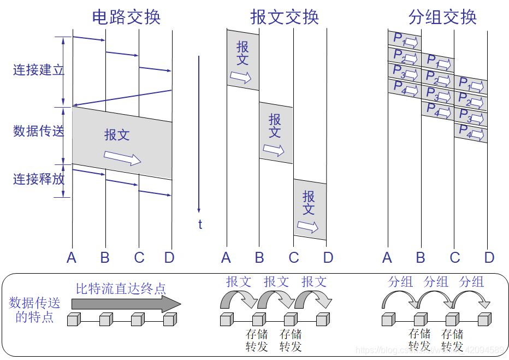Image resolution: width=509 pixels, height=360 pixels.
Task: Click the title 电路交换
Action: click(x=126, y=17)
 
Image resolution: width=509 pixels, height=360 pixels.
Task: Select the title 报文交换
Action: click(x=284, y=17)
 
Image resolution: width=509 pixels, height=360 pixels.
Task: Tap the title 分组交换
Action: click(x=442, y=17)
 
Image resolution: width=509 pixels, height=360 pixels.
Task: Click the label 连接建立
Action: click(x=38, y=70)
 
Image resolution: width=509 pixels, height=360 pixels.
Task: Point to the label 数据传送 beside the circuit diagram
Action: click(x=38, y=131)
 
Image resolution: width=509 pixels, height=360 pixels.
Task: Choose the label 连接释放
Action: click(x=38, y=179)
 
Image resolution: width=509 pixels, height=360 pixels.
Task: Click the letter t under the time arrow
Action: click(x=200, y=225)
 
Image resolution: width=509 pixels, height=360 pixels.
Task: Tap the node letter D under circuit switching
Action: click(x=169, y=257)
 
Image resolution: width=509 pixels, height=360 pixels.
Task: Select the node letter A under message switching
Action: click(x=226, y=257)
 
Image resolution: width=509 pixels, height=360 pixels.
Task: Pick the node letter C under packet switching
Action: click(x=455, y=257)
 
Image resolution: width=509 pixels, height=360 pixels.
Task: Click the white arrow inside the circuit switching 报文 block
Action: click(x=122, y=158)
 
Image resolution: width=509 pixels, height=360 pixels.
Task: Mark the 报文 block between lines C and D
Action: click(x=310, y=210)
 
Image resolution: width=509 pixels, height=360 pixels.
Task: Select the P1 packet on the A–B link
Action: click(x=405, y=40)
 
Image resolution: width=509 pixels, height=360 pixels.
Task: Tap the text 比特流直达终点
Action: click(x=121, y=288)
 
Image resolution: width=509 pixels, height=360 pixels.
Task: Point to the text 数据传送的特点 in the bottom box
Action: click(x=34, y=310)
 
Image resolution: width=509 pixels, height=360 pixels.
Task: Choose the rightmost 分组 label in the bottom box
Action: click(x=471, y=282)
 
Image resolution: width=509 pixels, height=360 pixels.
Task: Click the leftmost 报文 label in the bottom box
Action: click(x=239, y=282)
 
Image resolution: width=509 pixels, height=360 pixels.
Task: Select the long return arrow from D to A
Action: click(x=122, y=97)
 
